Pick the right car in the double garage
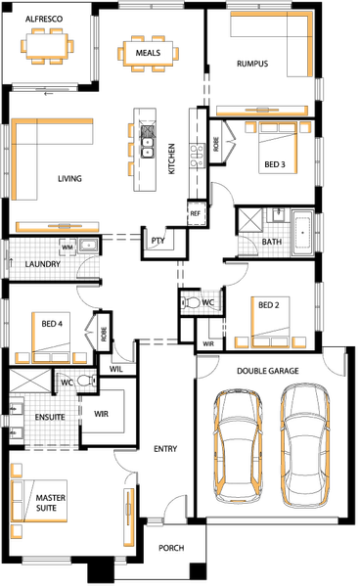(x=305, y=442)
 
